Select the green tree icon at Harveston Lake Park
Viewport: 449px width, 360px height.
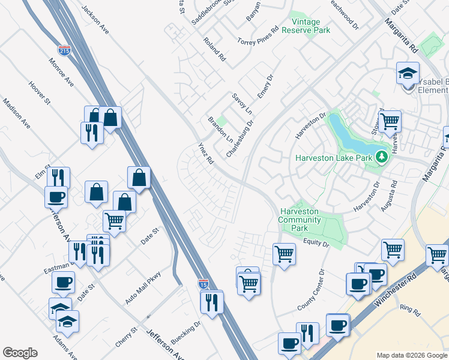381,158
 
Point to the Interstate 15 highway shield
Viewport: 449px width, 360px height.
203,283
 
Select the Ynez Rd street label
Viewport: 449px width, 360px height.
206,154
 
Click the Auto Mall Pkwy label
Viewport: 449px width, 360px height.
139,291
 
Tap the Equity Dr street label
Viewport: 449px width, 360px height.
317,243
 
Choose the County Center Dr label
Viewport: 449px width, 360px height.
311,290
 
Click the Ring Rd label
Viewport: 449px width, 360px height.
410,310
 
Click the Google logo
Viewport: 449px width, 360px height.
20,353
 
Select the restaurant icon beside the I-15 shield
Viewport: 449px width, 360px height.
212,303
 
